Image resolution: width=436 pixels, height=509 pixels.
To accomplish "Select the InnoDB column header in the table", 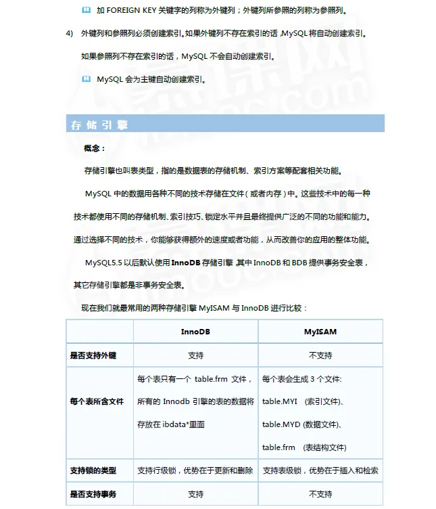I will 195,332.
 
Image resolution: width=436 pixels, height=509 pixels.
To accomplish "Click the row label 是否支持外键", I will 93,355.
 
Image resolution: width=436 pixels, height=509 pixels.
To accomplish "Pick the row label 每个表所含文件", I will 97,401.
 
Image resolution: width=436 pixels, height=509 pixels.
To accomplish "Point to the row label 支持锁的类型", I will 93,470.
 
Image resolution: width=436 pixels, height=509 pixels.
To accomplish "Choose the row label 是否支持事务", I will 93,494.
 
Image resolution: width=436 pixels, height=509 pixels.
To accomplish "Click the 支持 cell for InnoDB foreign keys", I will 195,355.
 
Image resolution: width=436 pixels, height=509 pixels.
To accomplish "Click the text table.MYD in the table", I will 282,424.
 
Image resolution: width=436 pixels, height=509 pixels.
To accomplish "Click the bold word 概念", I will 94,148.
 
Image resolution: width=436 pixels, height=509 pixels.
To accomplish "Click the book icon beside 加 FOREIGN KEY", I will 86,11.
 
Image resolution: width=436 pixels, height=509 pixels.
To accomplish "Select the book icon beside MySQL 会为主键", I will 86,79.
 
